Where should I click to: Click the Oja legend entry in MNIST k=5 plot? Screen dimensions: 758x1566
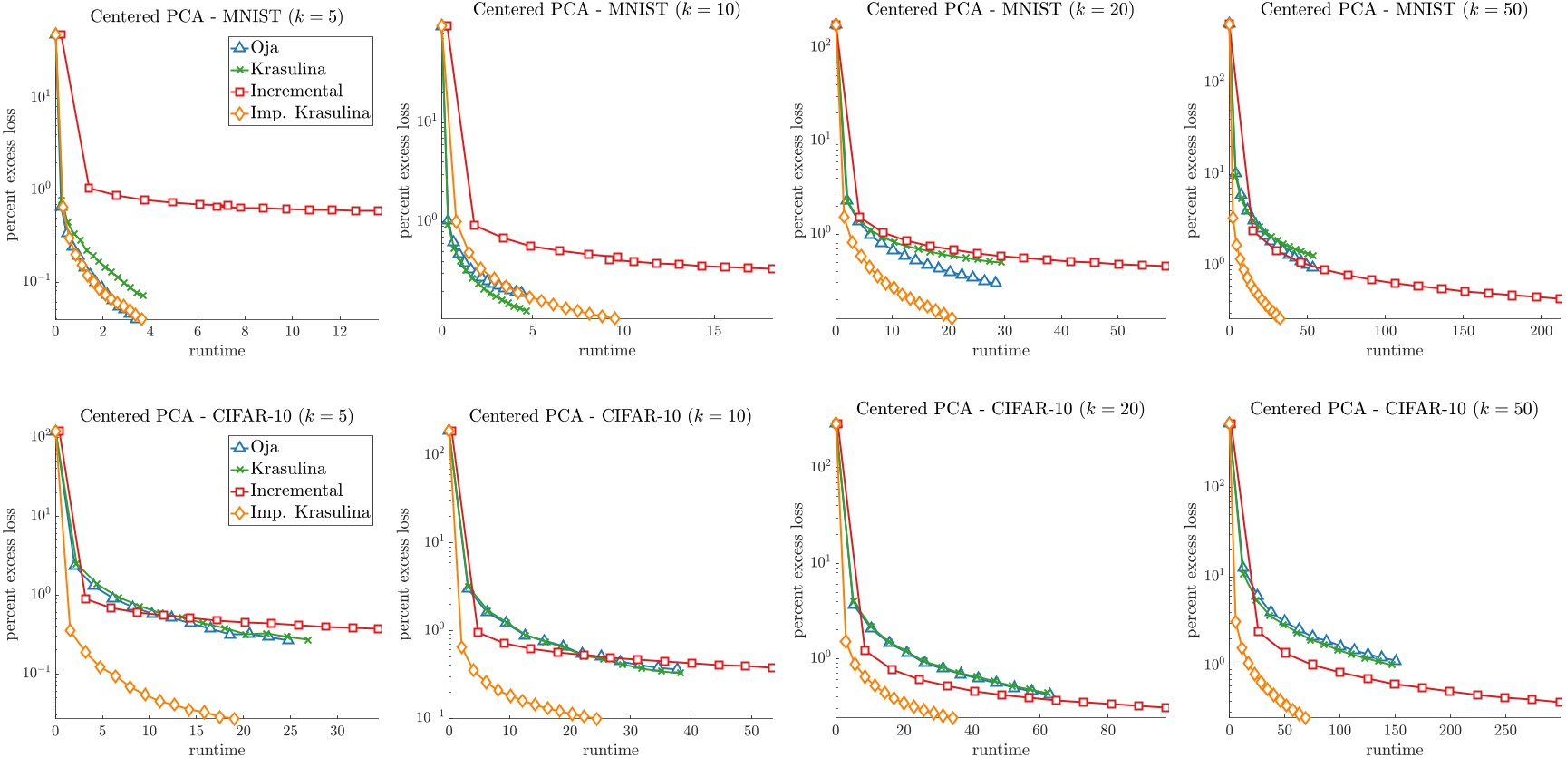coord(264,47)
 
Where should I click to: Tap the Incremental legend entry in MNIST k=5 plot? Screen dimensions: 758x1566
coord(295,91)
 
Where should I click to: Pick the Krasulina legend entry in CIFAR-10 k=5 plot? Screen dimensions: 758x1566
coord(287,469)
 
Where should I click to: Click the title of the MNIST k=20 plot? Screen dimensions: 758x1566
coord(1000,10)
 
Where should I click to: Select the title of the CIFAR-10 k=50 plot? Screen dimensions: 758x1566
coord(1394,409)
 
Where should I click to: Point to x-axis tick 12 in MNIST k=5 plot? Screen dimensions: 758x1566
coord(340,332)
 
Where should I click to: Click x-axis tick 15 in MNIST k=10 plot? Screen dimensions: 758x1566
coord(714,331)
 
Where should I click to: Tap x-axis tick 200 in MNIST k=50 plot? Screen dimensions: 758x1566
coord(1542,331)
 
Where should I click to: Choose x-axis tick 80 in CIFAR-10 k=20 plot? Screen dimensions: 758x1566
coord(1108,731)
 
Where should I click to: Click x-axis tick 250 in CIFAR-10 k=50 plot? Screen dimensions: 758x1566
coord(1505,731)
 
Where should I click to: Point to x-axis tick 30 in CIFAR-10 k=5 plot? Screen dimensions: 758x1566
coord(337,731)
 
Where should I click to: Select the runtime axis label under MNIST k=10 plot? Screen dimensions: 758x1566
coord(606,351)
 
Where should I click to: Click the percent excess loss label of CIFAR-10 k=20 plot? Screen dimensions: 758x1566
coord(797,569)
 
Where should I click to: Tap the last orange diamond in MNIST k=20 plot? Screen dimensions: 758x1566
coord(950,317)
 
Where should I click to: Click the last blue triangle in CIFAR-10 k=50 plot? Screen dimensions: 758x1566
coord(1395,660)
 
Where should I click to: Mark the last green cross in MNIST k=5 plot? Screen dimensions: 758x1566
coord(142,296)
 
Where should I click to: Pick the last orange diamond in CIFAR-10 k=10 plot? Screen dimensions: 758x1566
coord(595,719)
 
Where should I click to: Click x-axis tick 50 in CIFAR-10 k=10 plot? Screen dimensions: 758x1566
coord(751,731)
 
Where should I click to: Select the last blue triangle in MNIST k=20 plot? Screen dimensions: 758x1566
coord(995,282)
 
